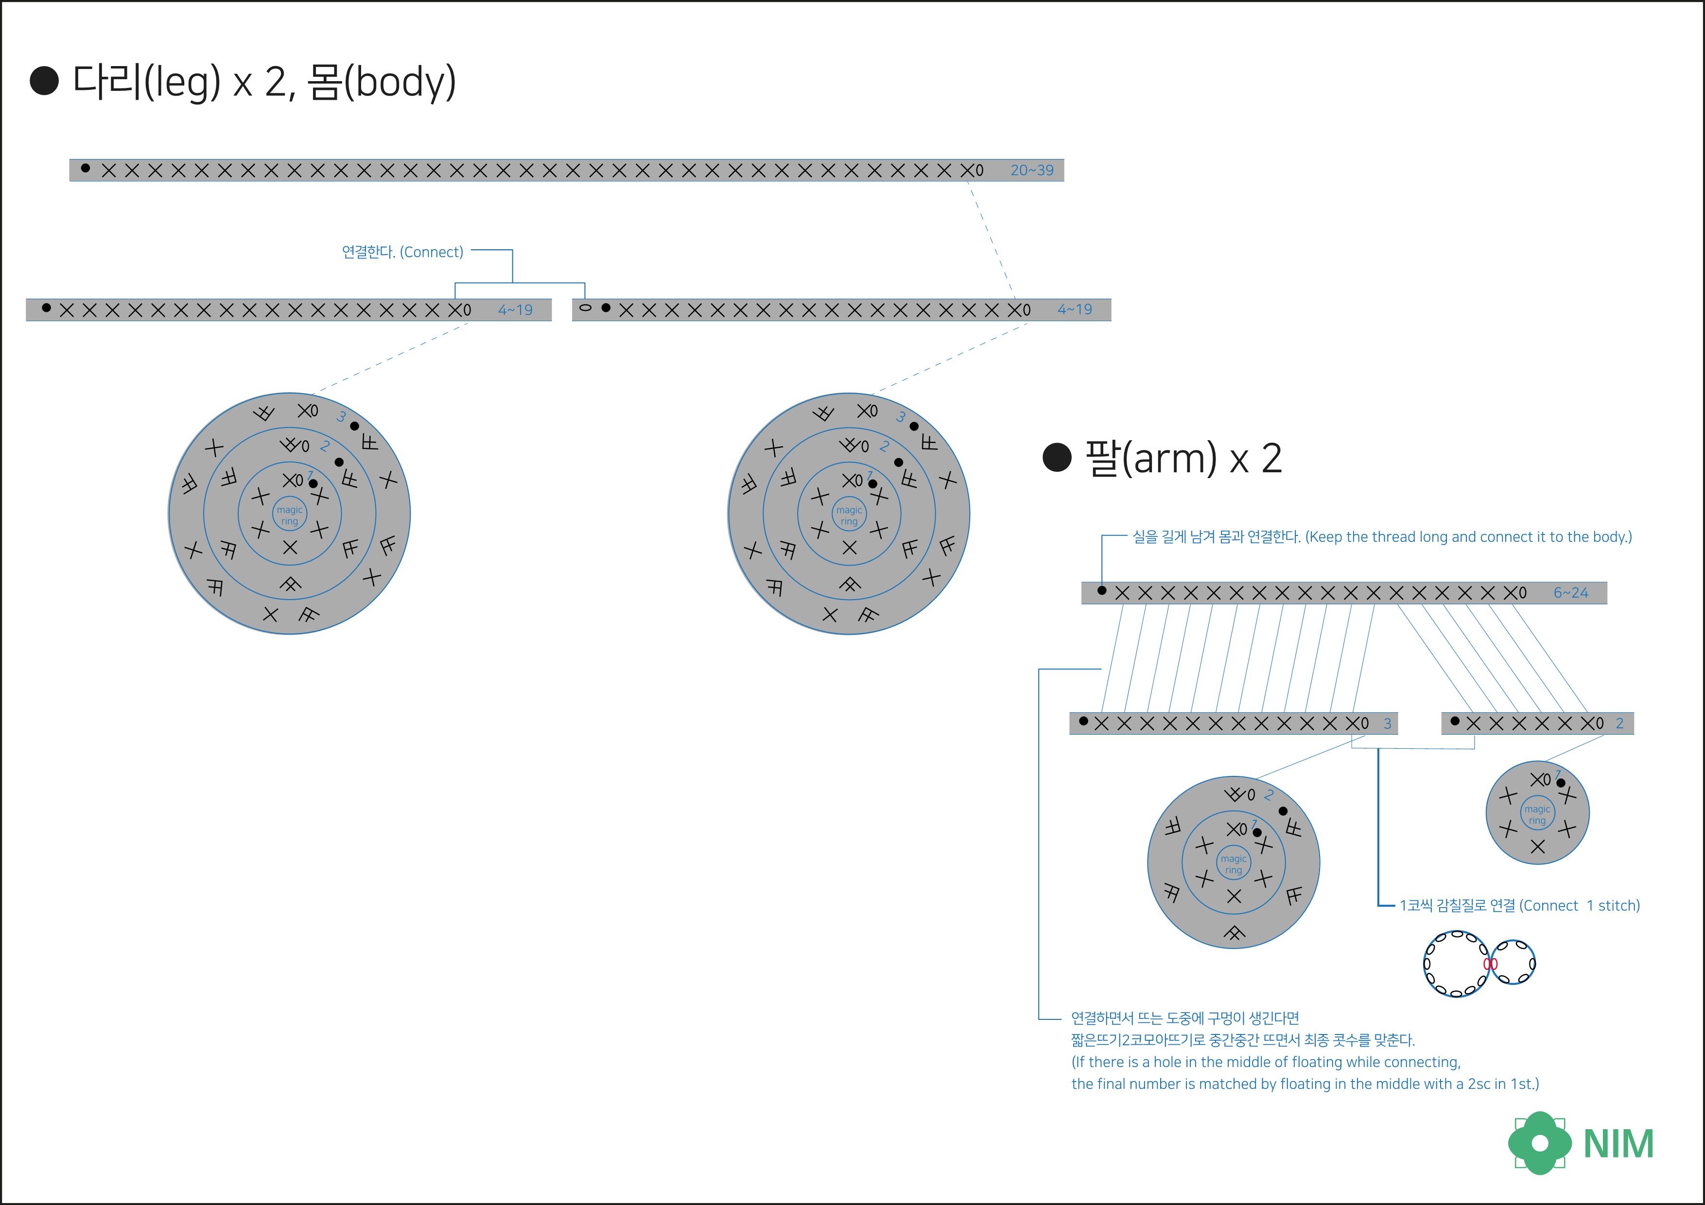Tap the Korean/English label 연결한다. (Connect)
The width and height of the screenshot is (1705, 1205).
402,252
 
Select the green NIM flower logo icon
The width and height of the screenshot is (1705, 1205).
1539,1143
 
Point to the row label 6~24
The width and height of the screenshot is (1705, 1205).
1570,592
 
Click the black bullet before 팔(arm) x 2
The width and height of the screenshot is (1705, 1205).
1057,457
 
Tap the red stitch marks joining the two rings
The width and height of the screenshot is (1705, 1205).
1490,964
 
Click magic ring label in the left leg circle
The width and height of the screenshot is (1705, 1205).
290,515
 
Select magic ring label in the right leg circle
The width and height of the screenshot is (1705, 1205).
849,515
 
